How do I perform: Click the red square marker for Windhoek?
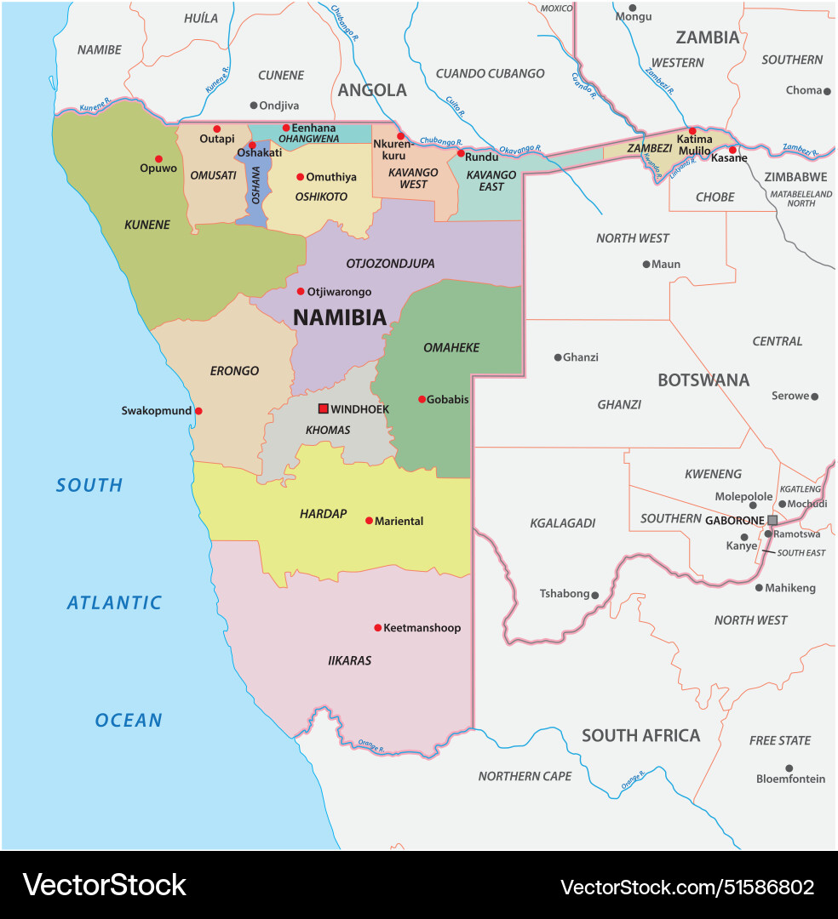click(x=324, y=408)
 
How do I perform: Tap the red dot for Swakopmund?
click(x=198, y=411)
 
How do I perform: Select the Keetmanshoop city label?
click(x=422, y=628)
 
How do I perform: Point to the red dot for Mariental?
click(x=369, y=521)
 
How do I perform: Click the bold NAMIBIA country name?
click(x=340, y=317)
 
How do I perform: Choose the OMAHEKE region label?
click(x=451, y=347)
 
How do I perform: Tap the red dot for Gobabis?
click(x=422, y=399)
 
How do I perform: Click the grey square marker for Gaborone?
click(x=772, y=520)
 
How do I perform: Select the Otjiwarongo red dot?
click(x=301, y=291)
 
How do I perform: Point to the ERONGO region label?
click(x=234, y=371)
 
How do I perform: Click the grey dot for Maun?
click(x=646, y=264)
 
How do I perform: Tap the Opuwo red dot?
click(x=158, y=158)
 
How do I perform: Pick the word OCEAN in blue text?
click(x=129, y=720)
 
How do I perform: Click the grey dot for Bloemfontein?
click(x=789, y=768)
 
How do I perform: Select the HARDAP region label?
click(x=324, y=514)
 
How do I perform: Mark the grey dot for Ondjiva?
click(x=253, y=106)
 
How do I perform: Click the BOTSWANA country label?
click(x=703, y=380)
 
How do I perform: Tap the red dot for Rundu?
click(x=461, y=153)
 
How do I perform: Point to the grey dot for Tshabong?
click(x=595, y=596)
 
